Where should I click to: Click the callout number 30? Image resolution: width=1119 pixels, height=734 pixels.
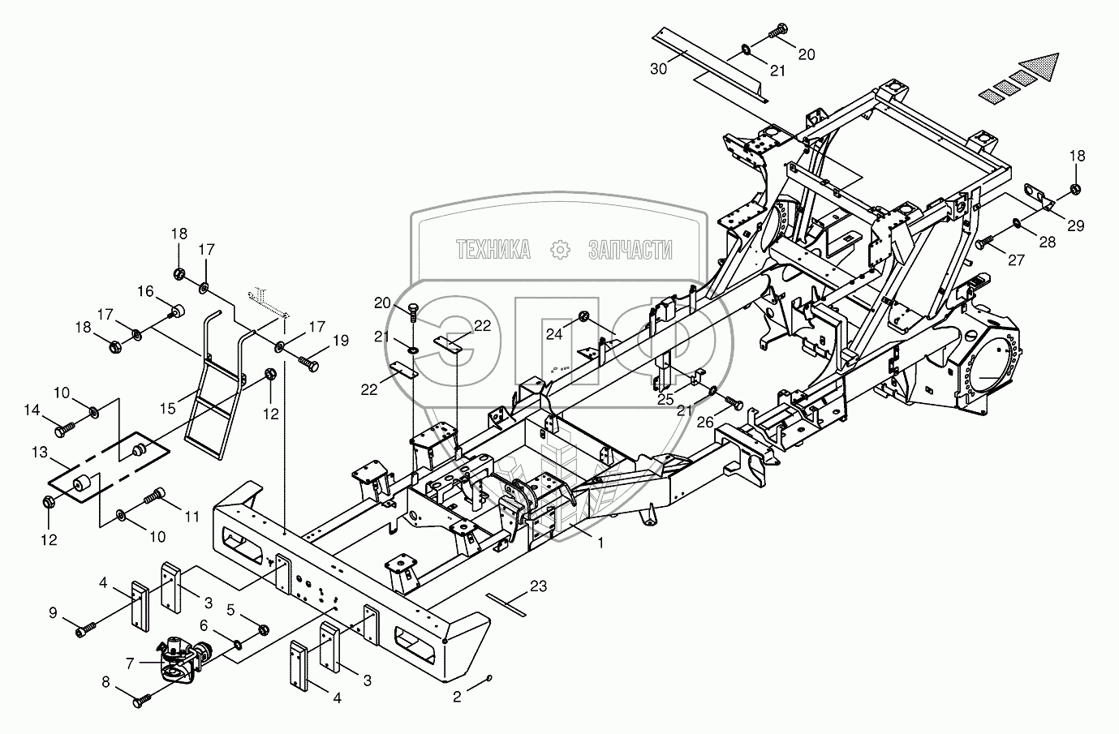pos(659,70)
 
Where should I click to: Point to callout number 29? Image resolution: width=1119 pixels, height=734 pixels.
pos(1075,226)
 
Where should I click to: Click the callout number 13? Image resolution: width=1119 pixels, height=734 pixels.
pos(40,451)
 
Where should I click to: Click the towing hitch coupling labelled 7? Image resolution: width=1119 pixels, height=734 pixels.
pos(183,655)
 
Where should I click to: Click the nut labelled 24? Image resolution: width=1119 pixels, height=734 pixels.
pos(583,315)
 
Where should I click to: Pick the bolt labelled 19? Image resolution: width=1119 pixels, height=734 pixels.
pos(310,363)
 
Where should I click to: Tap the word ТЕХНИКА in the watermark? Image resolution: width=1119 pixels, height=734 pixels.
pos(493,250)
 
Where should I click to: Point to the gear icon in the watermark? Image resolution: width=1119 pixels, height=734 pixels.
pos(560,251)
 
